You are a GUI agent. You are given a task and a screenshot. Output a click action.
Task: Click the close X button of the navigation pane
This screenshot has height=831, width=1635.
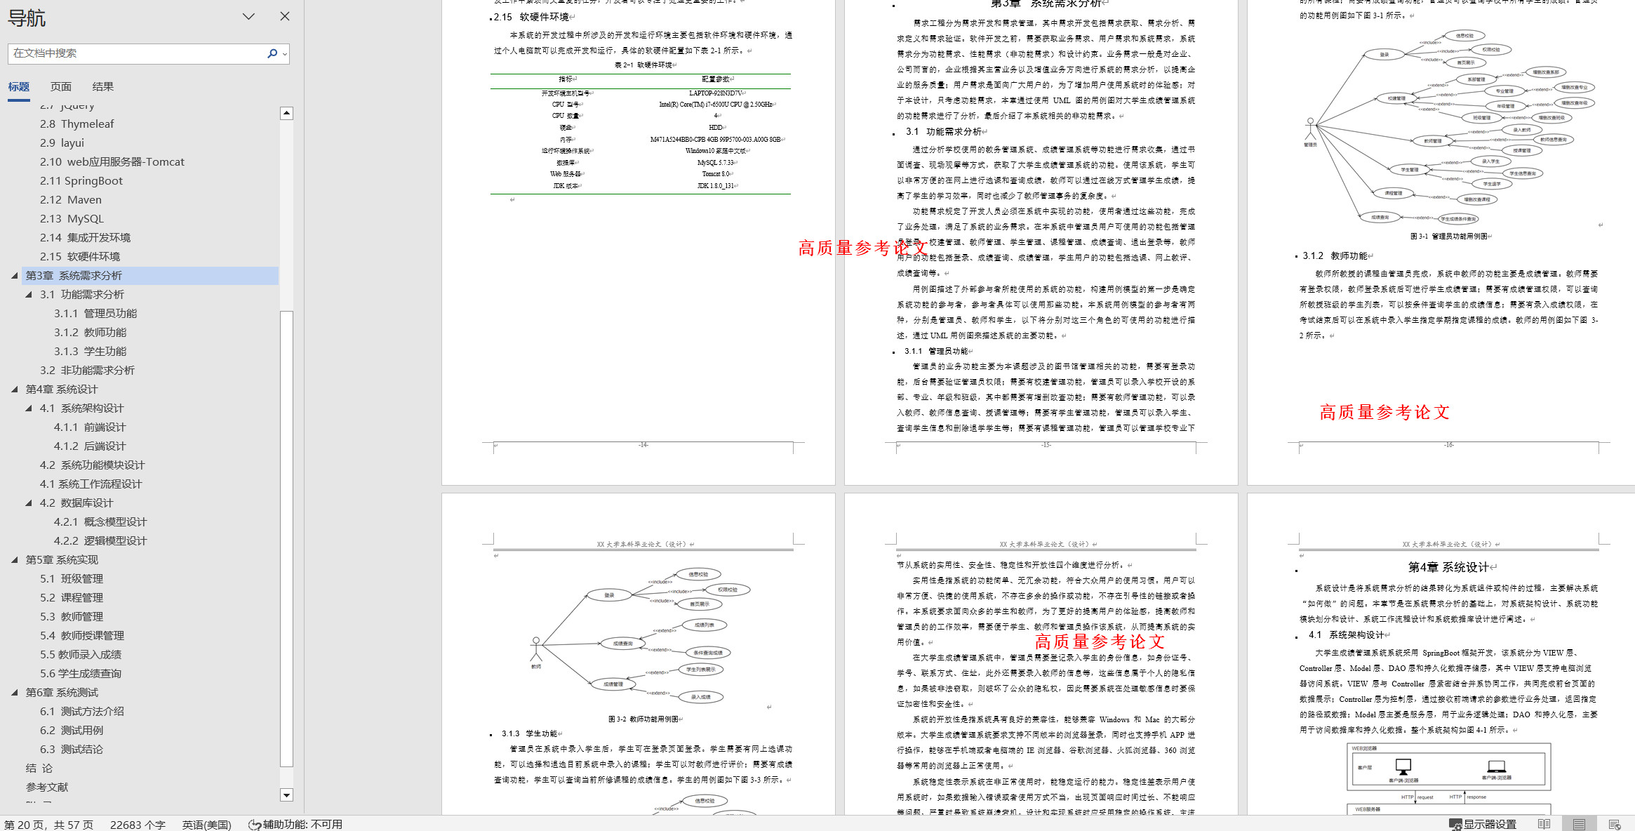(x=284, y=16)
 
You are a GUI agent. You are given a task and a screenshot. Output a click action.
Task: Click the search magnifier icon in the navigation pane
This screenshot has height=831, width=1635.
(x=272, y=53)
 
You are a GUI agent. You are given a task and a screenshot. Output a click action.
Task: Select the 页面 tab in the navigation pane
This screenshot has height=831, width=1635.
(x=61, y=87)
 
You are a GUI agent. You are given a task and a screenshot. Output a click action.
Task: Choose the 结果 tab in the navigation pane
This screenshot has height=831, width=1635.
(x=102, y=87)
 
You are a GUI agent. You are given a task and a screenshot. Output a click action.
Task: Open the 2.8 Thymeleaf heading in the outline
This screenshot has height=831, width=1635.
(x=76, y=124)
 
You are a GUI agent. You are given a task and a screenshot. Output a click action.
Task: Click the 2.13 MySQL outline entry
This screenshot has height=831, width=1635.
(x=72, y=219)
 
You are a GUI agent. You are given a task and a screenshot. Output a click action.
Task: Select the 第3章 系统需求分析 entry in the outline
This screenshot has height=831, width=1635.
(x=74, y=276)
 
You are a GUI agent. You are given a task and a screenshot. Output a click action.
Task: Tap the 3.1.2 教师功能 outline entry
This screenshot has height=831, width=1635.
(x=91, y=333)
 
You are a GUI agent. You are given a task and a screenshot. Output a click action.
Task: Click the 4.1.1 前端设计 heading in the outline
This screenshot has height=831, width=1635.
(x=90, y=427)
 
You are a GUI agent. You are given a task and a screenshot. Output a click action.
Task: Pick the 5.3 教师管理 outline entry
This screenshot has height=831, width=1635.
(x=72, y=617)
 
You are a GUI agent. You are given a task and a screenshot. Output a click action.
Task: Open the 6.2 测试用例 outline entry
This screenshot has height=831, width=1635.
(x=72, y=731)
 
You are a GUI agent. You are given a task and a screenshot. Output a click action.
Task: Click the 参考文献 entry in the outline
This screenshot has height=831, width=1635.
(x=47, y=787)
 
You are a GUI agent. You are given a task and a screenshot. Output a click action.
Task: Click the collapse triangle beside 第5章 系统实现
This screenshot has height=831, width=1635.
(x=15, y=560)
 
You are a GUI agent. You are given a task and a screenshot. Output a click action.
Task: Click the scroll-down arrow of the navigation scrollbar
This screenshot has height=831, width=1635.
(x=286, y=795)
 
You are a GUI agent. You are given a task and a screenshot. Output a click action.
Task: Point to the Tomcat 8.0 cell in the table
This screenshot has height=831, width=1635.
(x=716, y=174)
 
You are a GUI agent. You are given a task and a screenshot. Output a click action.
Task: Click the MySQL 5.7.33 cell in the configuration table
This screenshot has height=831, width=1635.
(x=716, y=163)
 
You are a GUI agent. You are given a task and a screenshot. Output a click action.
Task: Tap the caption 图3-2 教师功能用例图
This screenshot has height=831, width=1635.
(x=644, y=719)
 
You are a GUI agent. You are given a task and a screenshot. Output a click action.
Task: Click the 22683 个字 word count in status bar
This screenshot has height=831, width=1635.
(x=138, y=825)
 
